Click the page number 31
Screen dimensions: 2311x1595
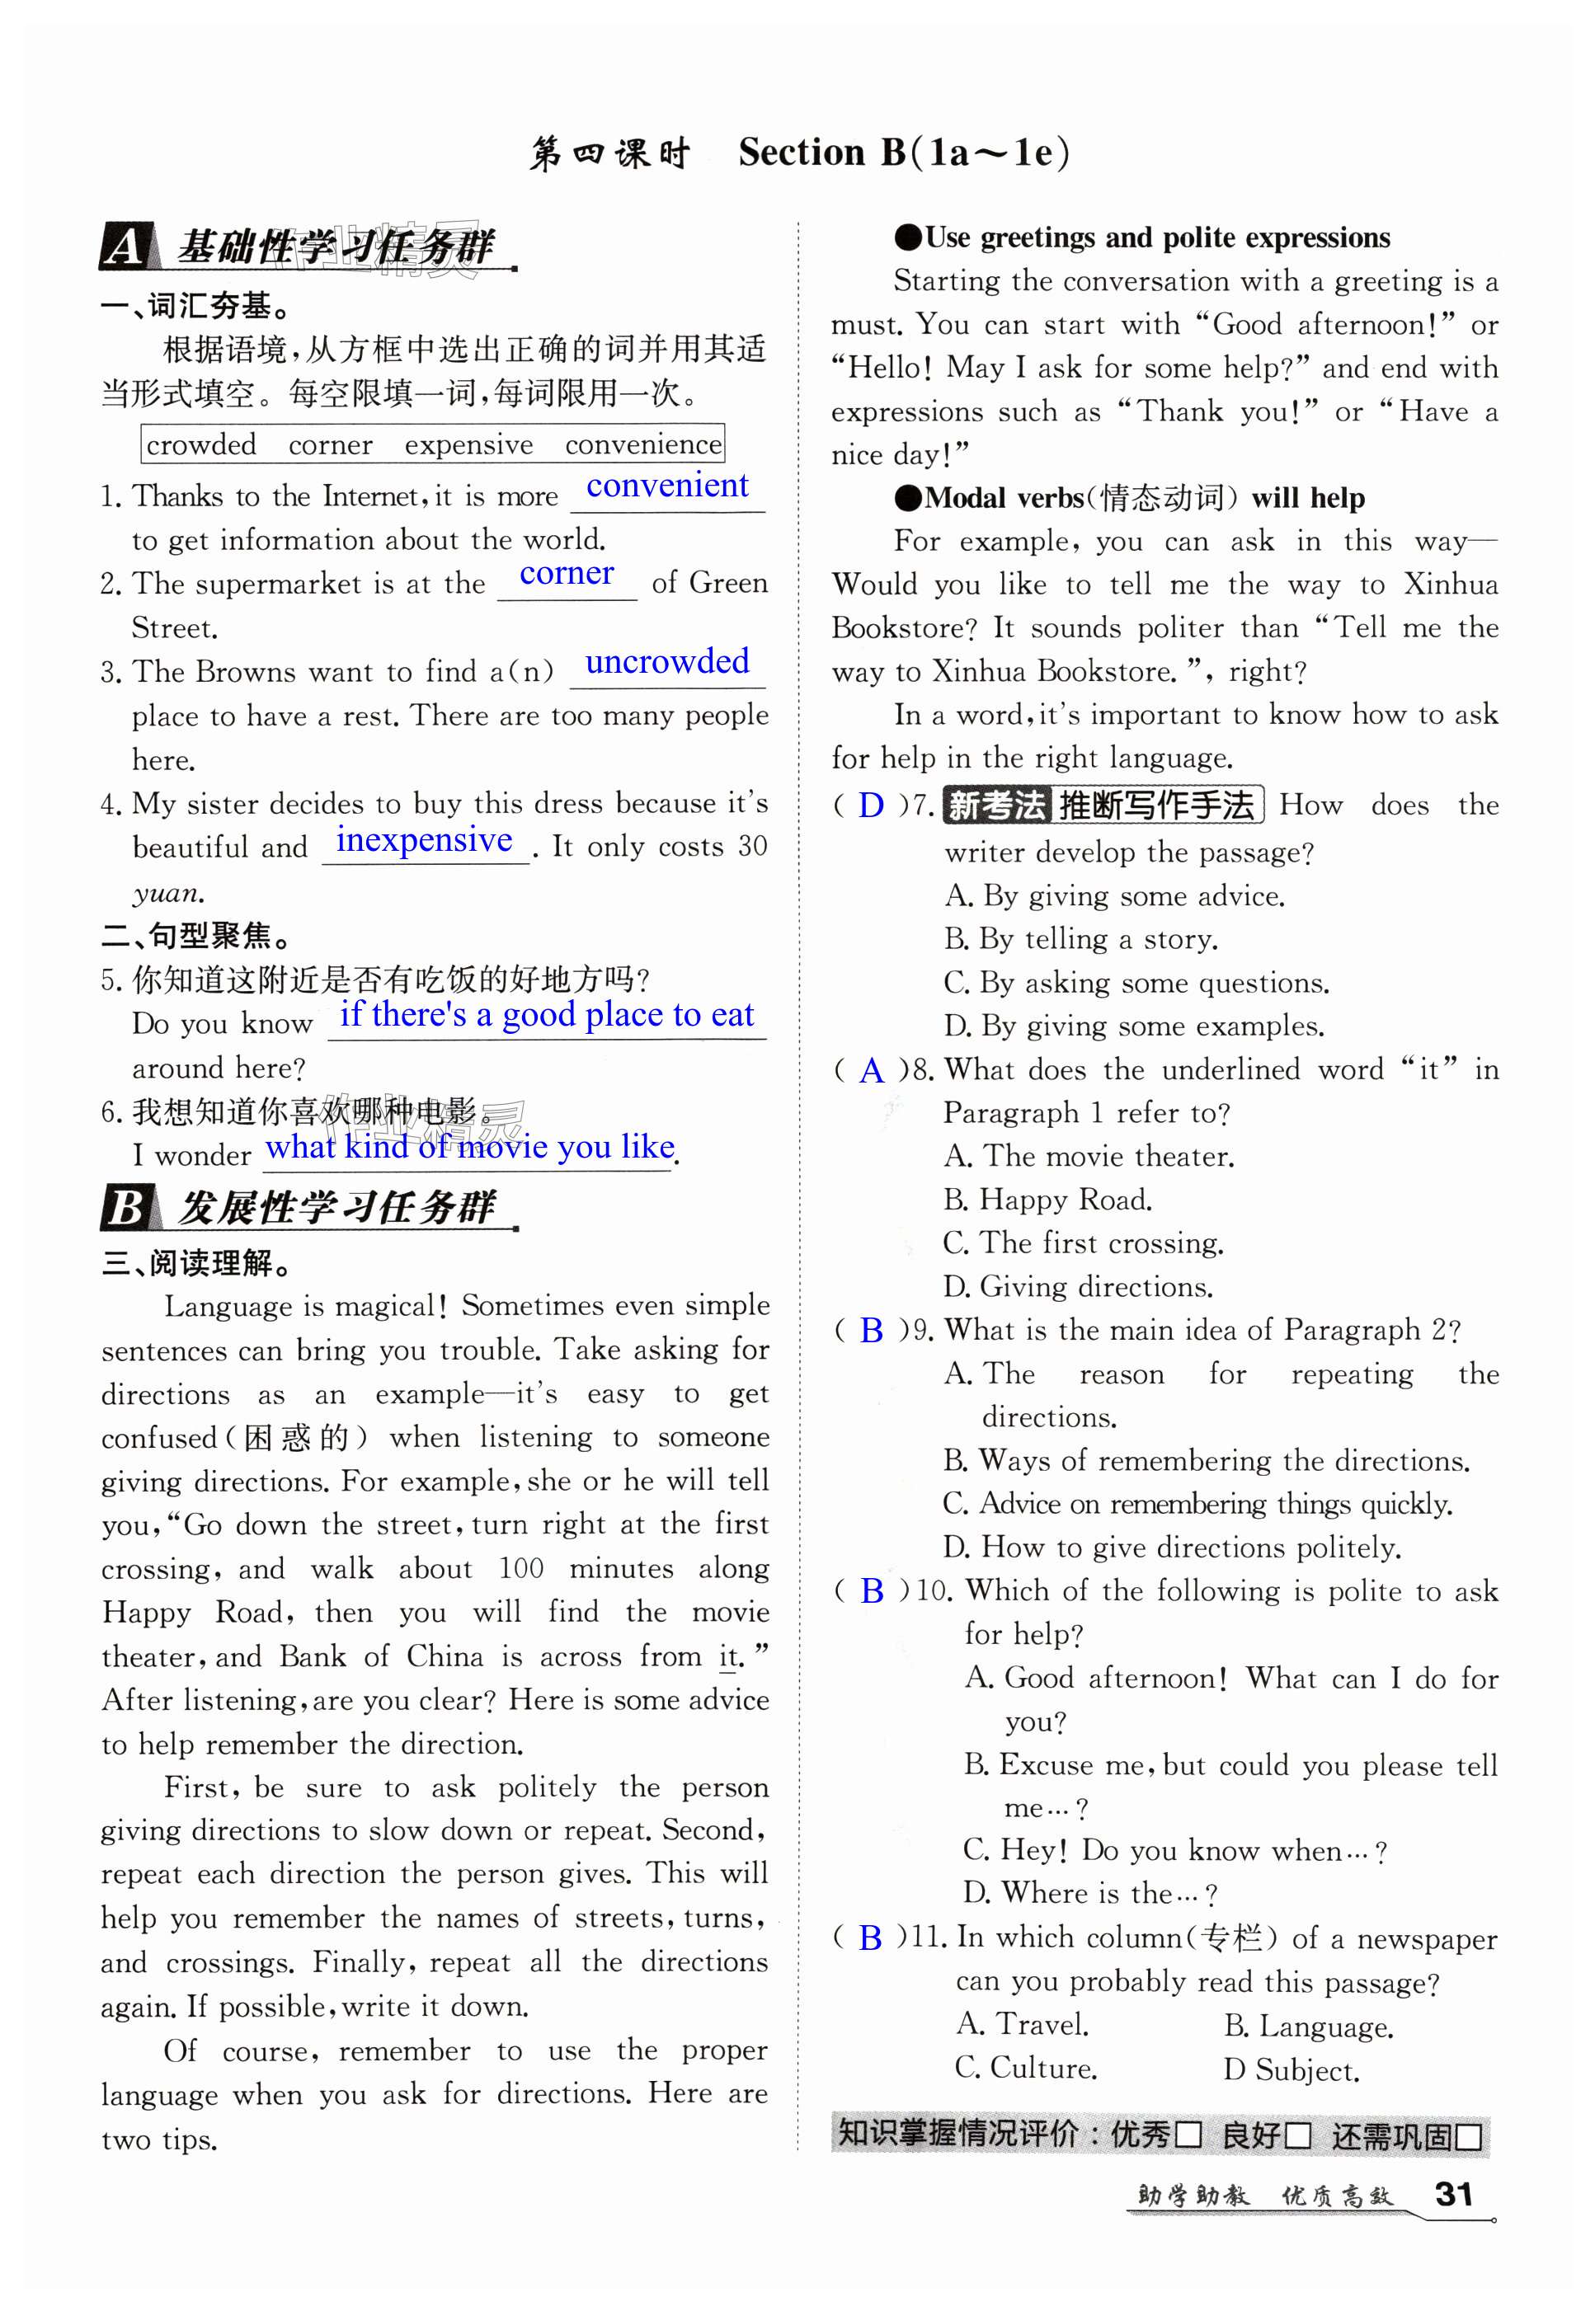click(x=1453, y=2193)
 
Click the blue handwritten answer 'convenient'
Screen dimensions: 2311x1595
click(x=666, y=486)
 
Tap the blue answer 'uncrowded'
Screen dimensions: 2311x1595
click(x=666, y=661)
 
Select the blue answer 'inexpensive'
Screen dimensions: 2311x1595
click(x=424, y=840)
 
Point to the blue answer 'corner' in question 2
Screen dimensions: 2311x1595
click(x=566, y=574)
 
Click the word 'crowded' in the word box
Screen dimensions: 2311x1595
click(x=201, y=444)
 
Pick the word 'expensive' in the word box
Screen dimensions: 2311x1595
click(x=468, y=444)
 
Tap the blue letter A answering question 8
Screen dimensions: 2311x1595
click(x=872, y=1071)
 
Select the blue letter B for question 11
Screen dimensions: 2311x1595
click(x=870, y=1938)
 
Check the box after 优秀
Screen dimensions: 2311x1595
click(x=1188, y=2136)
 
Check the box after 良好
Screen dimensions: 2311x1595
click(x=1297, y=2136)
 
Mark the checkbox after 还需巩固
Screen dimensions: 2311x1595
click(x=1468, y=2136)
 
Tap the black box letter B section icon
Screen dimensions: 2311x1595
click(x=127, y=1207)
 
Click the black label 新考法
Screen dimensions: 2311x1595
click(x=995, y=806)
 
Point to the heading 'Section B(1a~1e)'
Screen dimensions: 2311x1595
click(x=903, y=153)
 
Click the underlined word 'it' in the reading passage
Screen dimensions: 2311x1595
click(x=728, y=1656)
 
